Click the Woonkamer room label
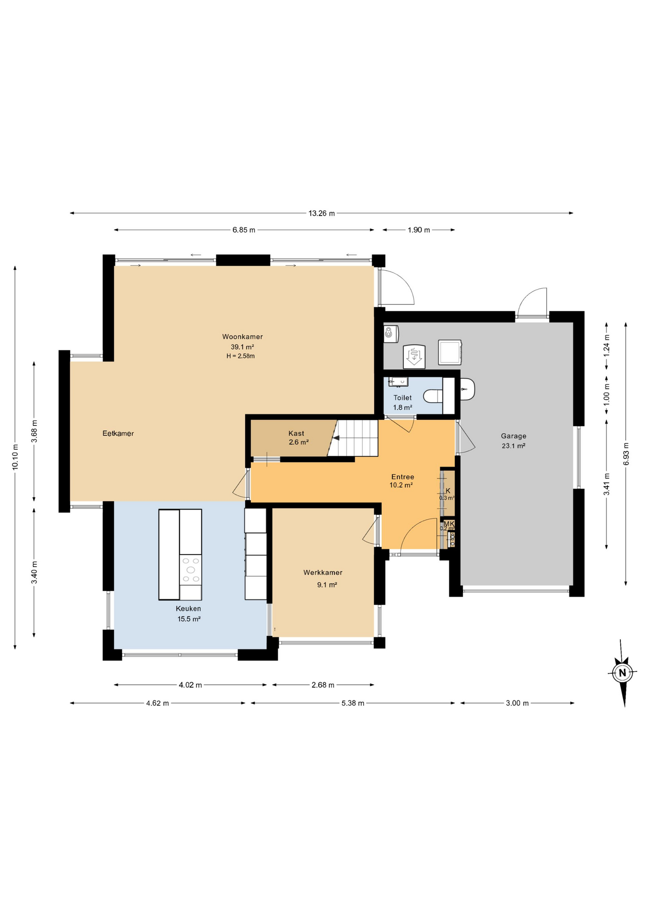coord(242,337)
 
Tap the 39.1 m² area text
coord(242,347)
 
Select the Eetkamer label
coord(118,434)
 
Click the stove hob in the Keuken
coord(191,569)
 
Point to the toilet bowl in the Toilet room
coord(433,396)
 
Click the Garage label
coord(513,436)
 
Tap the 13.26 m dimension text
coord(321,213)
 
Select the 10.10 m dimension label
coord(15,457)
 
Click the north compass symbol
coord(622,673)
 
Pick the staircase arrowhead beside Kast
coord(336,438)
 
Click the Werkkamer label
coord(323,572)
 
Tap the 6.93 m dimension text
coord(626,453)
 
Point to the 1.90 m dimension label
coord(419,230)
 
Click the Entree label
coord(402,477)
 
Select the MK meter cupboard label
coord(449,524)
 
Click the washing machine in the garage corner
coord(450,352)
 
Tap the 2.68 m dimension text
coord(323,685)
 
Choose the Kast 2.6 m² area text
coord(298,442)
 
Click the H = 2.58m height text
coord(240,356)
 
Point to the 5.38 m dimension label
coord(353,703)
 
